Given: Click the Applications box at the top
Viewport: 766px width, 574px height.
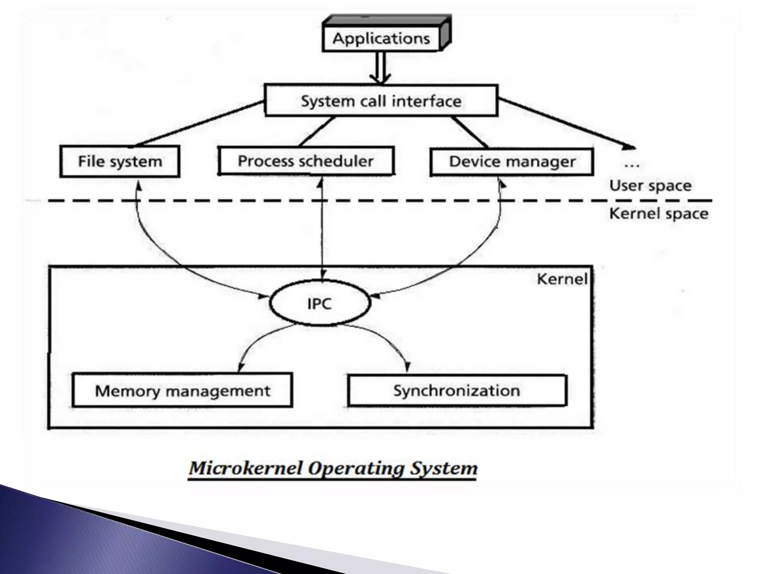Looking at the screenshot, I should (381, 38).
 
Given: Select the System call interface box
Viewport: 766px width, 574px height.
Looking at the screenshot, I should (381, 101).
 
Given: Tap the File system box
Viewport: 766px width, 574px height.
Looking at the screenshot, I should (120, 161).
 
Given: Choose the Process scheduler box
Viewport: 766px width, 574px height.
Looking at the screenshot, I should (306, 161).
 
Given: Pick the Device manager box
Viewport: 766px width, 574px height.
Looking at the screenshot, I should (512, 162).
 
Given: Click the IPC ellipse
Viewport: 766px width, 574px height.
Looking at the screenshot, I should (319, 303).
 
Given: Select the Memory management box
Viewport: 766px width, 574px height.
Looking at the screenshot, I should (182, 391).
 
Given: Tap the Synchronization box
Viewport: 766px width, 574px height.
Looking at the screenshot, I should (457, 391).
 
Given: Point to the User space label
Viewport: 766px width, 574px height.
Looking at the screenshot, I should (650, 186).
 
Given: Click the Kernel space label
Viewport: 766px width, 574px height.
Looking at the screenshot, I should (658, 214).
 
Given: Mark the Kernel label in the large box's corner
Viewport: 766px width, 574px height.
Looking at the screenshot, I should (562, 279).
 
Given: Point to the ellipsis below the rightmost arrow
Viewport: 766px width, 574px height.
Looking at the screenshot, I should (632, 165).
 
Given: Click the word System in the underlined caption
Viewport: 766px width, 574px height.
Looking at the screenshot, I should (444, 468).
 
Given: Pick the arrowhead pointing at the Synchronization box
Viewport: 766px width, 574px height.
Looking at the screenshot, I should (407, 368).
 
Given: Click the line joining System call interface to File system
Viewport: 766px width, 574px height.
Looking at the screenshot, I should (198, 123).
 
